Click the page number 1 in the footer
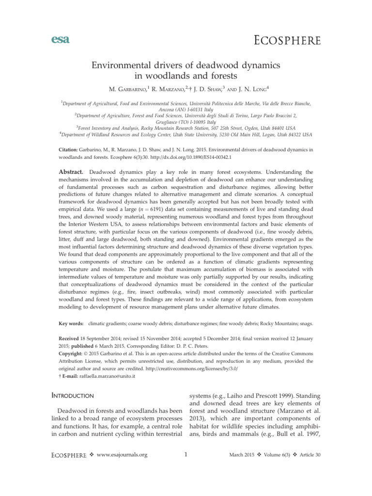coord(186,454)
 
